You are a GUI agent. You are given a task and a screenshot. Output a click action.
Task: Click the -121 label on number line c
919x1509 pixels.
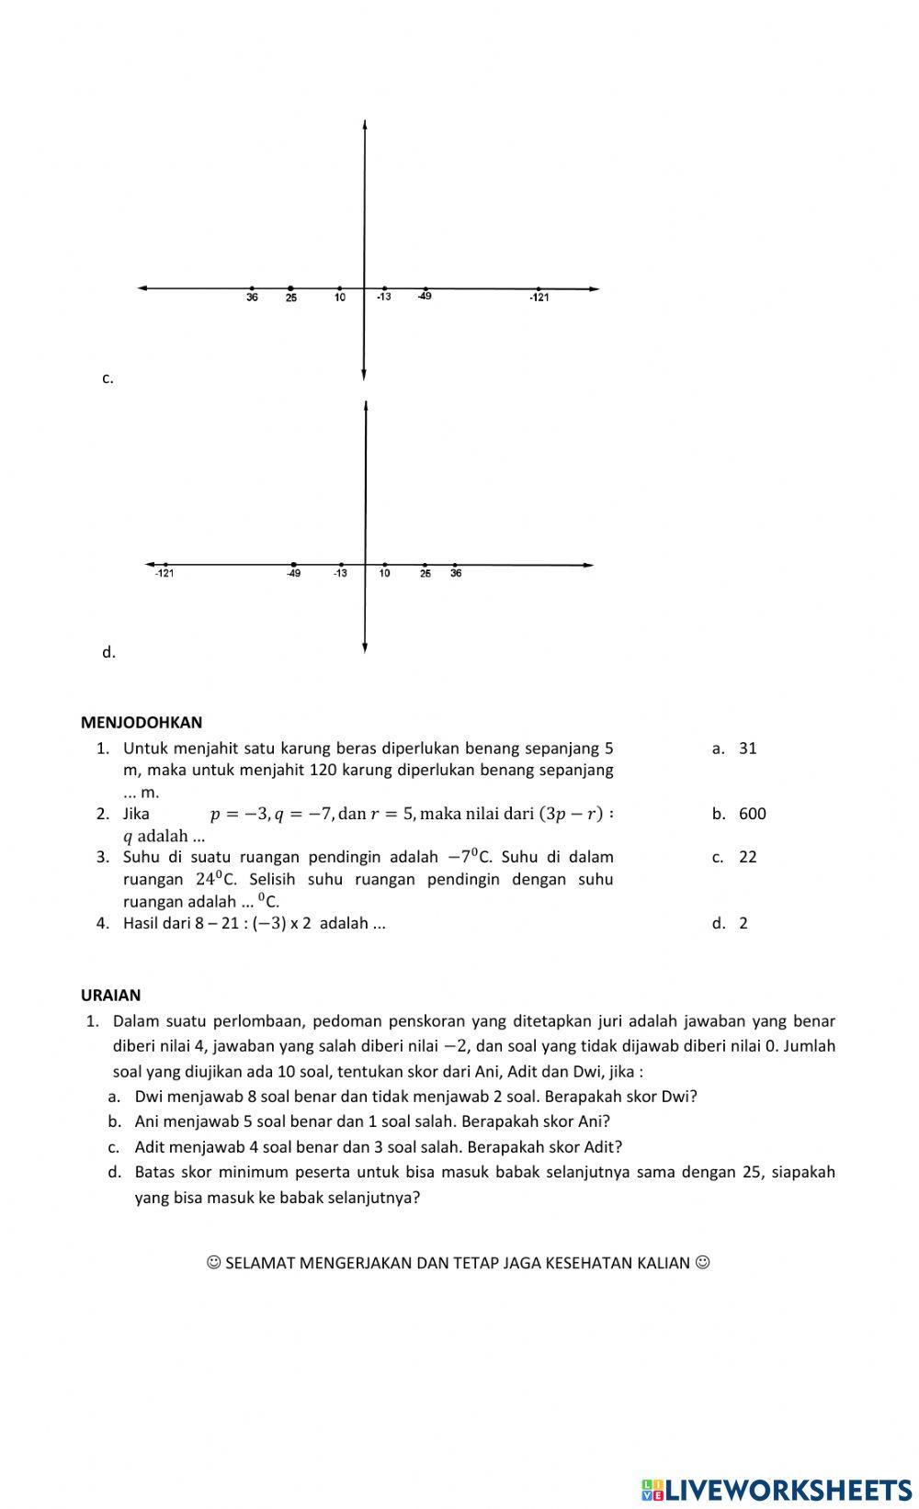click(539, 298)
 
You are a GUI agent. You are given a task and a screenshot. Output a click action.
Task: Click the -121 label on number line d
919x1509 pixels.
click(165, 574)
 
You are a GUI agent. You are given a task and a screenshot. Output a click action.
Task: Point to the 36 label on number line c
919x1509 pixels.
click(252, 298)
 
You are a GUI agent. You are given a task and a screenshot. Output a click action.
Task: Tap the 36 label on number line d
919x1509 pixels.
click(456, 574)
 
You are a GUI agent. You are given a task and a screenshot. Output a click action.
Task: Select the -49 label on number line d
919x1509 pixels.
click(293, 574)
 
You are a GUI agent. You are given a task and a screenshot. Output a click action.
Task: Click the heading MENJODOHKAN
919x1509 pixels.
click(142, 723)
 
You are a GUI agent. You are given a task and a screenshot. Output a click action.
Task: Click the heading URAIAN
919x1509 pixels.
click(111, 996)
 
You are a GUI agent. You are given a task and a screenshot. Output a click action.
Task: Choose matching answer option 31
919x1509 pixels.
click(747, 749)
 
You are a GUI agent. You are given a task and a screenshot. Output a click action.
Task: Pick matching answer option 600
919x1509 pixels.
click(752, 814)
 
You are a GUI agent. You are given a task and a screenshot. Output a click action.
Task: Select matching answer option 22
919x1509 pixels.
click(747, 857)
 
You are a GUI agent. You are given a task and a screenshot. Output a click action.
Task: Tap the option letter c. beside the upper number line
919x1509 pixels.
click(108, 378)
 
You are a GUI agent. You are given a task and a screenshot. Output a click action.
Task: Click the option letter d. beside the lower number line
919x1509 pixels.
click(108, 653)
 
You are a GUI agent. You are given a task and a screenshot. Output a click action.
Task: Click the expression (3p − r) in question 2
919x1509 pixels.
click(571, 814)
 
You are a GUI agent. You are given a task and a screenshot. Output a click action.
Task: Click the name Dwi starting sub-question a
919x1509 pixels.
click(148, 1097)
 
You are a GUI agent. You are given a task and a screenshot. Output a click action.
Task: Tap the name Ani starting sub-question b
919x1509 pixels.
click(147, 1121)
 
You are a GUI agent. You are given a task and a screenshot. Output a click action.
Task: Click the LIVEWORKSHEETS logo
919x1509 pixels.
click(777, 1490)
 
